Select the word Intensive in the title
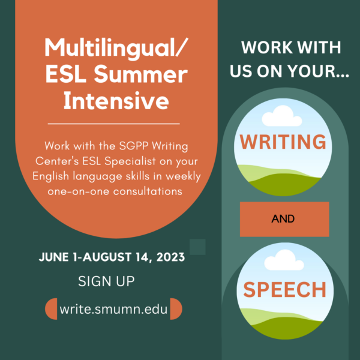[116, 101]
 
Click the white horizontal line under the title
[113, 124]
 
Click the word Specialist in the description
[130, 161]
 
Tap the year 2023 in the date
[170, 257]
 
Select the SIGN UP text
[106, 281]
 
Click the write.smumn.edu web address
[113, 309]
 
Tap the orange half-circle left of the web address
[51, 309]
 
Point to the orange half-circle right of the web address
[176, 309]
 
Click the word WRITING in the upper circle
[283, 142]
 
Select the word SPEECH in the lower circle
[284, 289]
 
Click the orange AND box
[284, 219]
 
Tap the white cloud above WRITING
[282, 116]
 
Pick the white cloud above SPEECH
[284, 260]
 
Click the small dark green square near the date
[197, 247]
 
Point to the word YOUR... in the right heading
[319, 71]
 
